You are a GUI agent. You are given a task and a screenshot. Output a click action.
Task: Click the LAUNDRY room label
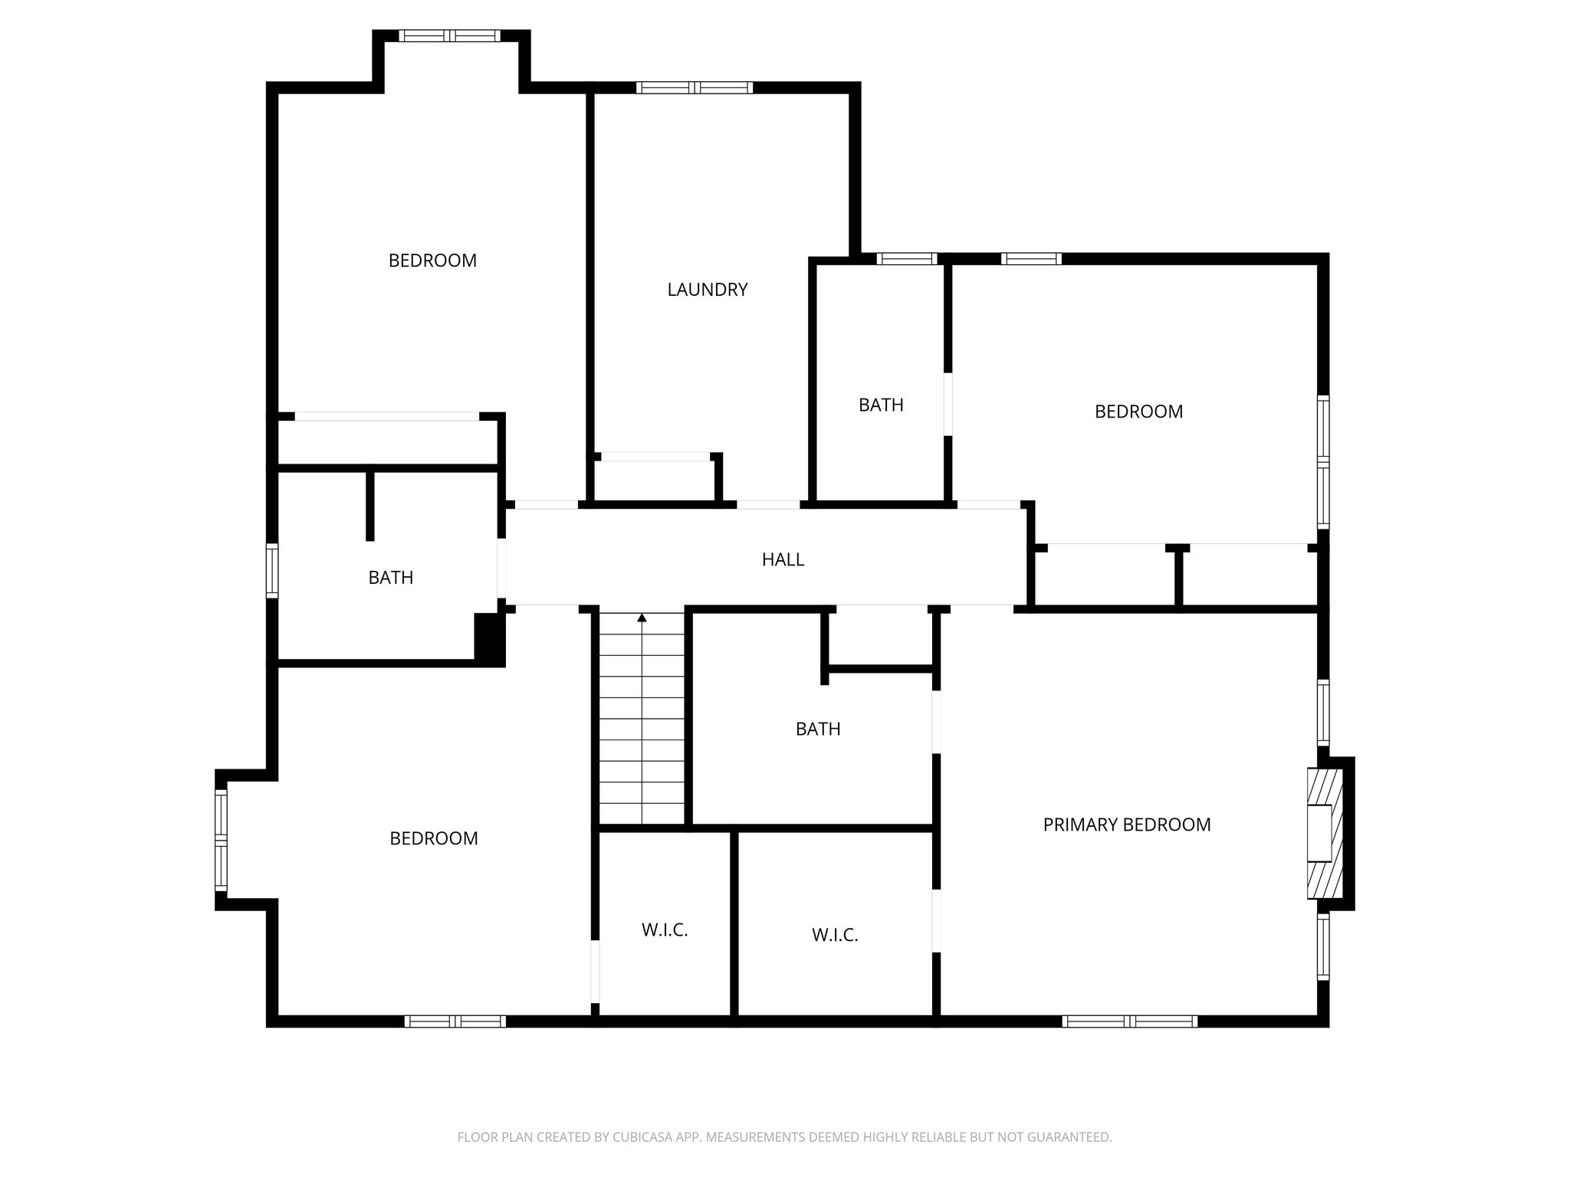tap(707, 290)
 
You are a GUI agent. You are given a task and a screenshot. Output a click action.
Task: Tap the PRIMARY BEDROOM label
tap(1126, 825)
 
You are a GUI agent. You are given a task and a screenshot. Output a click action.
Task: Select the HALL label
tap(783, 559)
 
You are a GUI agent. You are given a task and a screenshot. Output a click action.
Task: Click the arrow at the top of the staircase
tap(642, 617)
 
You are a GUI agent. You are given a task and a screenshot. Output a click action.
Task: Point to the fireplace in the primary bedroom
tap(1325, 834)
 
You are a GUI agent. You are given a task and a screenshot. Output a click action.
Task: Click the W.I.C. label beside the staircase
tap(665, 930)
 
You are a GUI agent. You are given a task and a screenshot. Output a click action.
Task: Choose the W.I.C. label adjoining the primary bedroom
tap(835, 935)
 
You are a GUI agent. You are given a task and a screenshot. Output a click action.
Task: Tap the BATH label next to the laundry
tap(881, 405)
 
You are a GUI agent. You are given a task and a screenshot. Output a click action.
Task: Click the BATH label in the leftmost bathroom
tap(390, 578)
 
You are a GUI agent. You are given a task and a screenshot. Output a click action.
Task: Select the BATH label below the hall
tap(818, 729)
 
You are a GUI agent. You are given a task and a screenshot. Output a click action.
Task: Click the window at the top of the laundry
tap(695, 87)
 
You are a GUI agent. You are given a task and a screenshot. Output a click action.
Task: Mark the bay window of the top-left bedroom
tap(450, 35)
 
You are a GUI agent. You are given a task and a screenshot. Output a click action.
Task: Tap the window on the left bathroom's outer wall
tap(271, 570)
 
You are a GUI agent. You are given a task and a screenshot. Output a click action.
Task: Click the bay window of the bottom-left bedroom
tap(222, 841)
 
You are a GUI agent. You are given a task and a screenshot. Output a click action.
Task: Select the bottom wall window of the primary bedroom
tap(1129, 1021)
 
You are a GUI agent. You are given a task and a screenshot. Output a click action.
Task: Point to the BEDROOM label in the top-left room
tap(432, 261)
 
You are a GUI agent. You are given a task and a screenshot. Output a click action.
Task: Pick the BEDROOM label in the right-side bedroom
tap(1138, 411)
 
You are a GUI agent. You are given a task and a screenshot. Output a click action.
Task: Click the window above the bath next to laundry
tap(907, 258)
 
